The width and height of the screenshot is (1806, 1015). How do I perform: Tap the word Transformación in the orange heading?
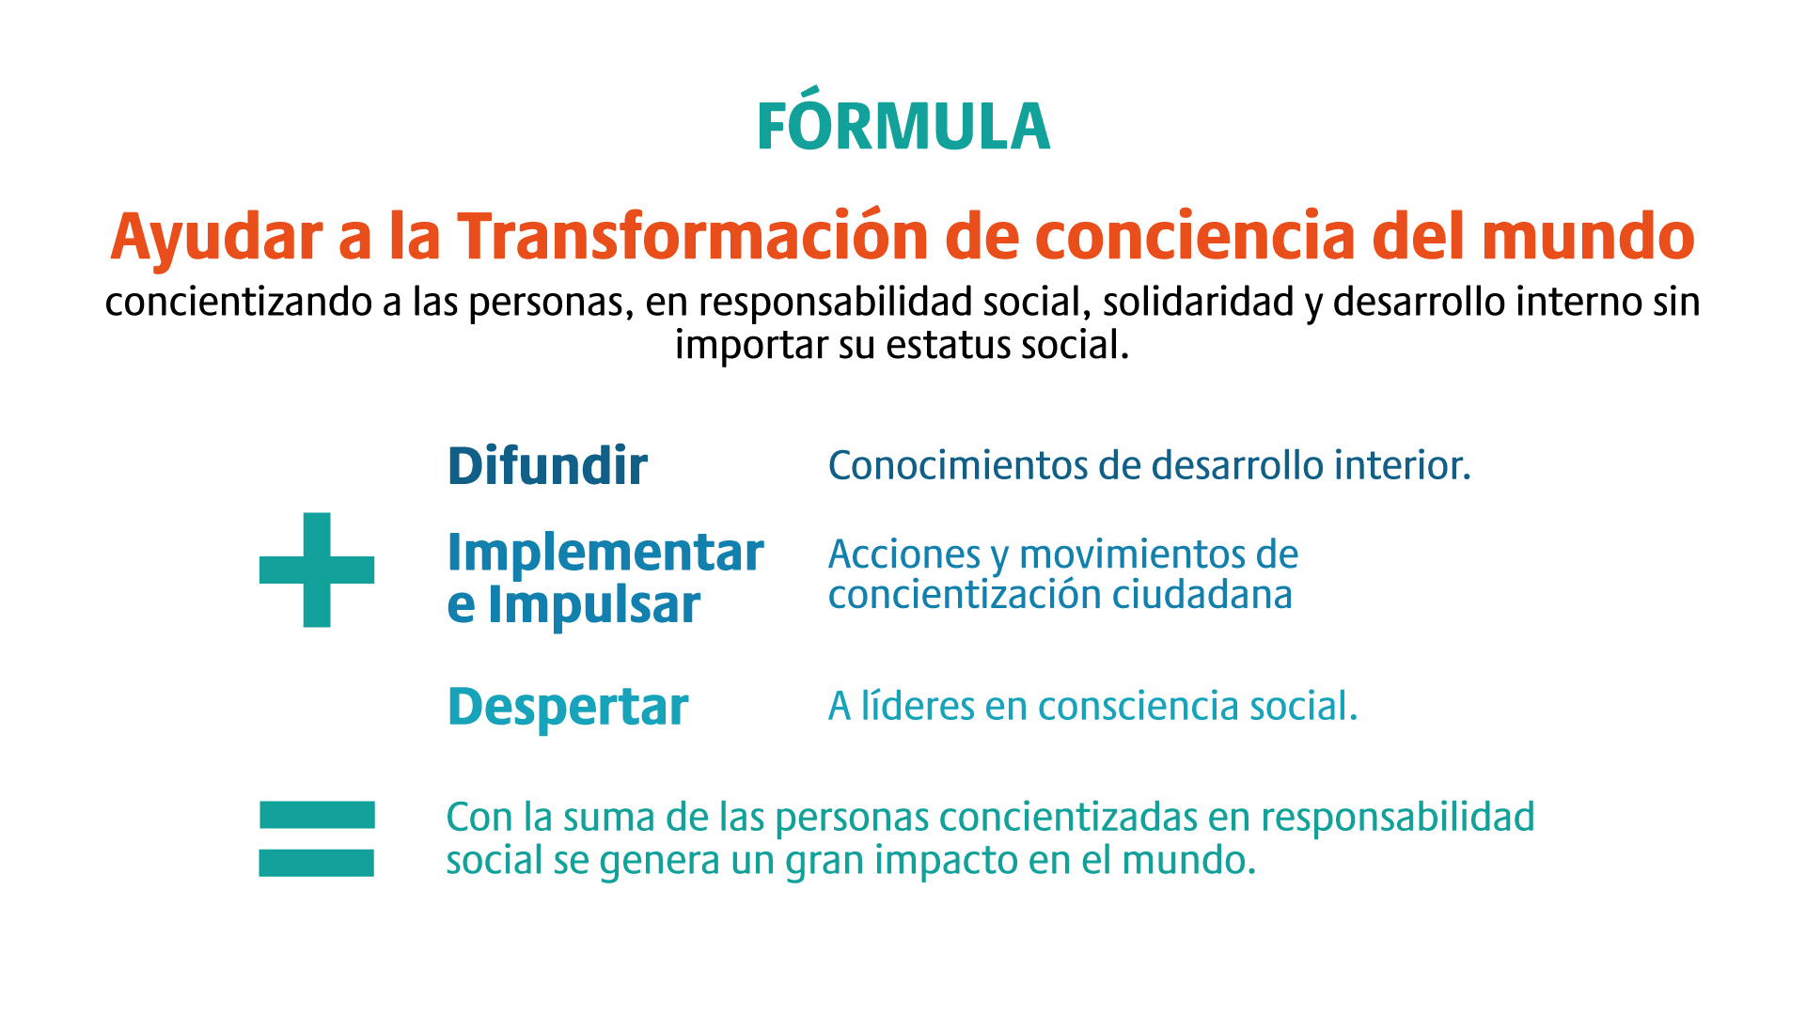tap(694, 236)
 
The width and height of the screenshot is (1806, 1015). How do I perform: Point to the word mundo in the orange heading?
tap(1589, 236)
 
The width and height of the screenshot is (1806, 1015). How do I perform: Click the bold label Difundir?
tap(547, 466)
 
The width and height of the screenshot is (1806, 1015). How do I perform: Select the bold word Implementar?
tap(605, 554)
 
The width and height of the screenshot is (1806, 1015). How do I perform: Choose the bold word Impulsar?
tap(594, 605)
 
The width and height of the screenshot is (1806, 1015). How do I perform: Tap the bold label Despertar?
tap(568, 708)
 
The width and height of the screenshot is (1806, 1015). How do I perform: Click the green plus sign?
tap(317, 570)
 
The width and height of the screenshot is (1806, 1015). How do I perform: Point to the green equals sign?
tap(317, 838)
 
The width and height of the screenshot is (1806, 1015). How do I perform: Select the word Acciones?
tap(904, 555)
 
